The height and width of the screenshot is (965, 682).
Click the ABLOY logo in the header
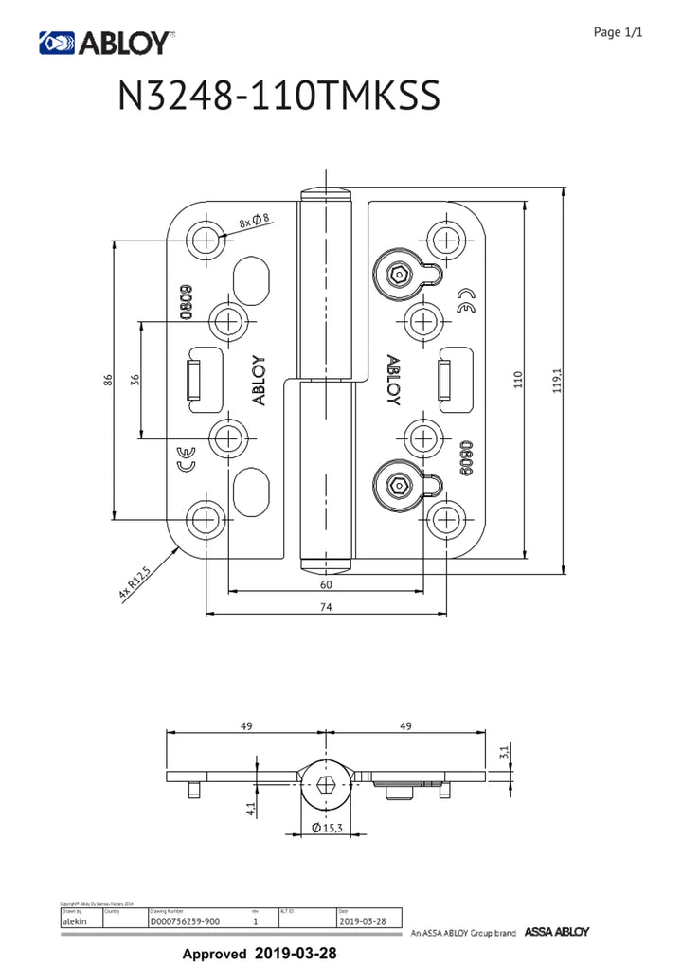coord(105,43)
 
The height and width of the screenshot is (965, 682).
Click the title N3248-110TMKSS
coord(279,98)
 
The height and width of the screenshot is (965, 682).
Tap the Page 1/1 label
coord(618,33)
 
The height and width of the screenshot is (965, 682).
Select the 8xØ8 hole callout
coord(255,221)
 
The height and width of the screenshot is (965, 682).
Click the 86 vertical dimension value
coord(109,381)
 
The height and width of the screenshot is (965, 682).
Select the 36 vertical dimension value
coord(135,380)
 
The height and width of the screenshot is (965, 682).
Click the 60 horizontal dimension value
coord(326,584)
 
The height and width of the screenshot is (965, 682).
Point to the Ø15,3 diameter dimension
coord(326,829)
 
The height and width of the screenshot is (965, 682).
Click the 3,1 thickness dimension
coord(504,753)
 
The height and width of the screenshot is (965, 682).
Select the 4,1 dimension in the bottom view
coord(250,809)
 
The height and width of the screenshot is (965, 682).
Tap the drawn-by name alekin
coord(75,920)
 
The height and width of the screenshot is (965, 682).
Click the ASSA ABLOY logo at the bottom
coord(557,932)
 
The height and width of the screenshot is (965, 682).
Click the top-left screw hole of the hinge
coord(203,239)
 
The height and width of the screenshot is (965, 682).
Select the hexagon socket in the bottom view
coord(326,784)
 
